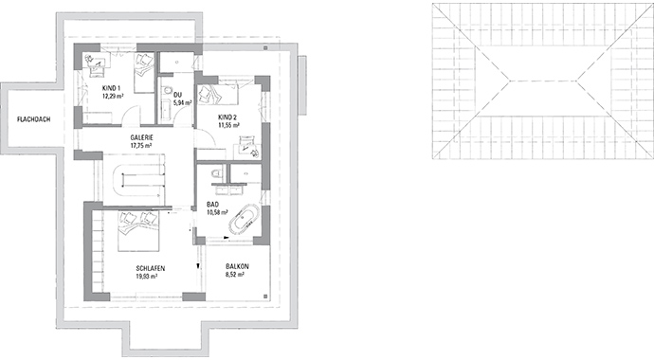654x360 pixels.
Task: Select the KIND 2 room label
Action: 227,117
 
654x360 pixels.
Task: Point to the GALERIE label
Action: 143,137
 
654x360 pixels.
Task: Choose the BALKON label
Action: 237,268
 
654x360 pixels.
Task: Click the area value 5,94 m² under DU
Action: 178,102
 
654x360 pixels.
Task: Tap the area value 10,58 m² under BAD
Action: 218,212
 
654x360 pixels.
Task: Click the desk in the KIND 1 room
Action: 96,65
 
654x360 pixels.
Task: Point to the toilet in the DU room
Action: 167,92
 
